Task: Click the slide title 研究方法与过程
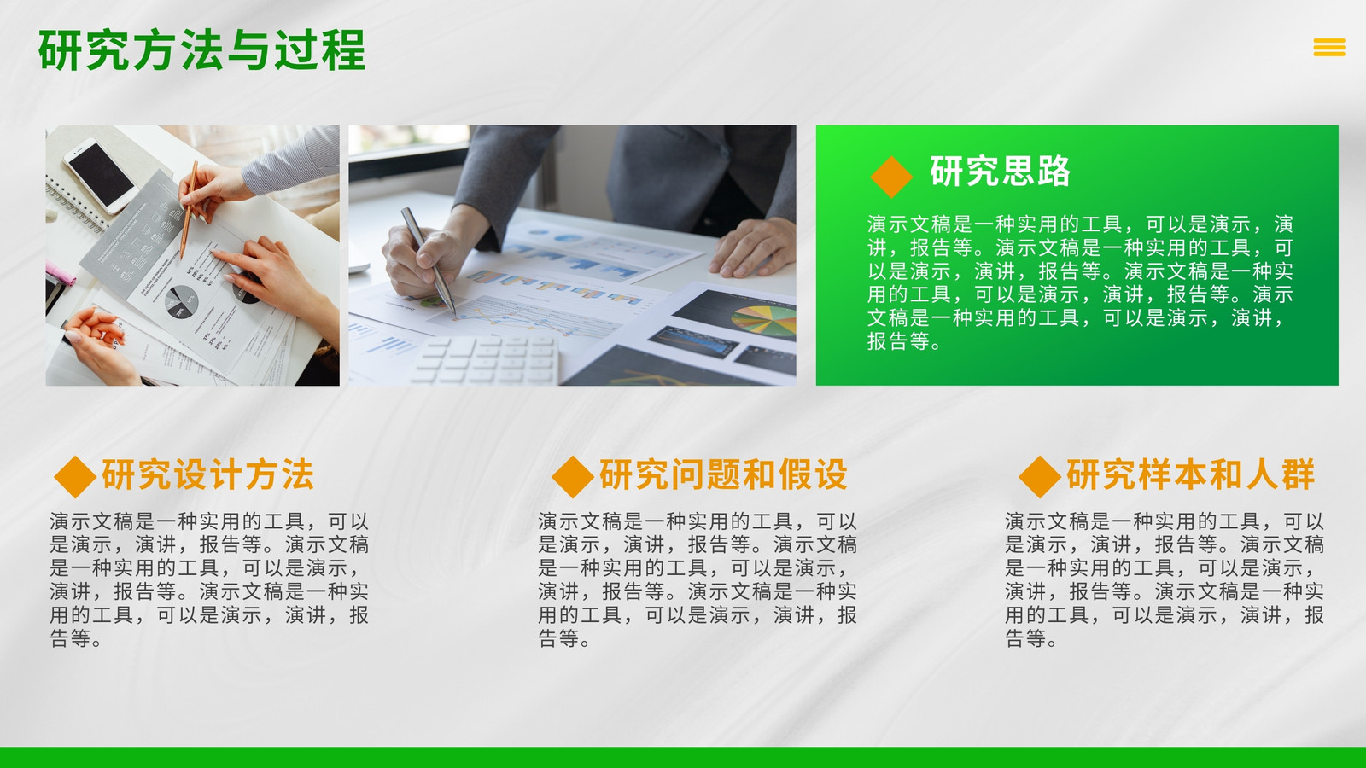point(201,50)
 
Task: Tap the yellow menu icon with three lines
point(1329,47)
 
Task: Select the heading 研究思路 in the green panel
point(1000,172)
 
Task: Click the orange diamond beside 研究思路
point(891,177)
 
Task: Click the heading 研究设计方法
point(208,474)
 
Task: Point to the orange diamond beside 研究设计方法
point(75,477)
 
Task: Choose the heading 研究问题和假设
point(724,474)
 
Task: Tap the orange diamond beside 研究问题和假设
point(573,477)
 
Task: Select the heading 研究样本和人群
point(1190,474)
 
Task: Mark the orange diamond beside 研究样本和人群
point(1040,477)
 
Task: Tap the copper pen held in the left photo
point(188,210)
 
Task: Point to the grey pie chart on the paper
point(182,302)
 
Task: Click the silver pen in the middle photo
point(428,261)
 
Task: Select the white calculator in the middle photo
point(485,359)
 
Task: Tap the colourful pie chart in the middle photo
point(764,321)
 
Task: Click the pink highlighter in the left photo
point(61,274)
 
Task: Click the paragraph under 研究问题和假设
point(697,579)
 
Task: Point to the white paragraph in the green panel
point(1080,282)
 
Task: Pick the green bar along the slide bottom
point(683,758)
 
